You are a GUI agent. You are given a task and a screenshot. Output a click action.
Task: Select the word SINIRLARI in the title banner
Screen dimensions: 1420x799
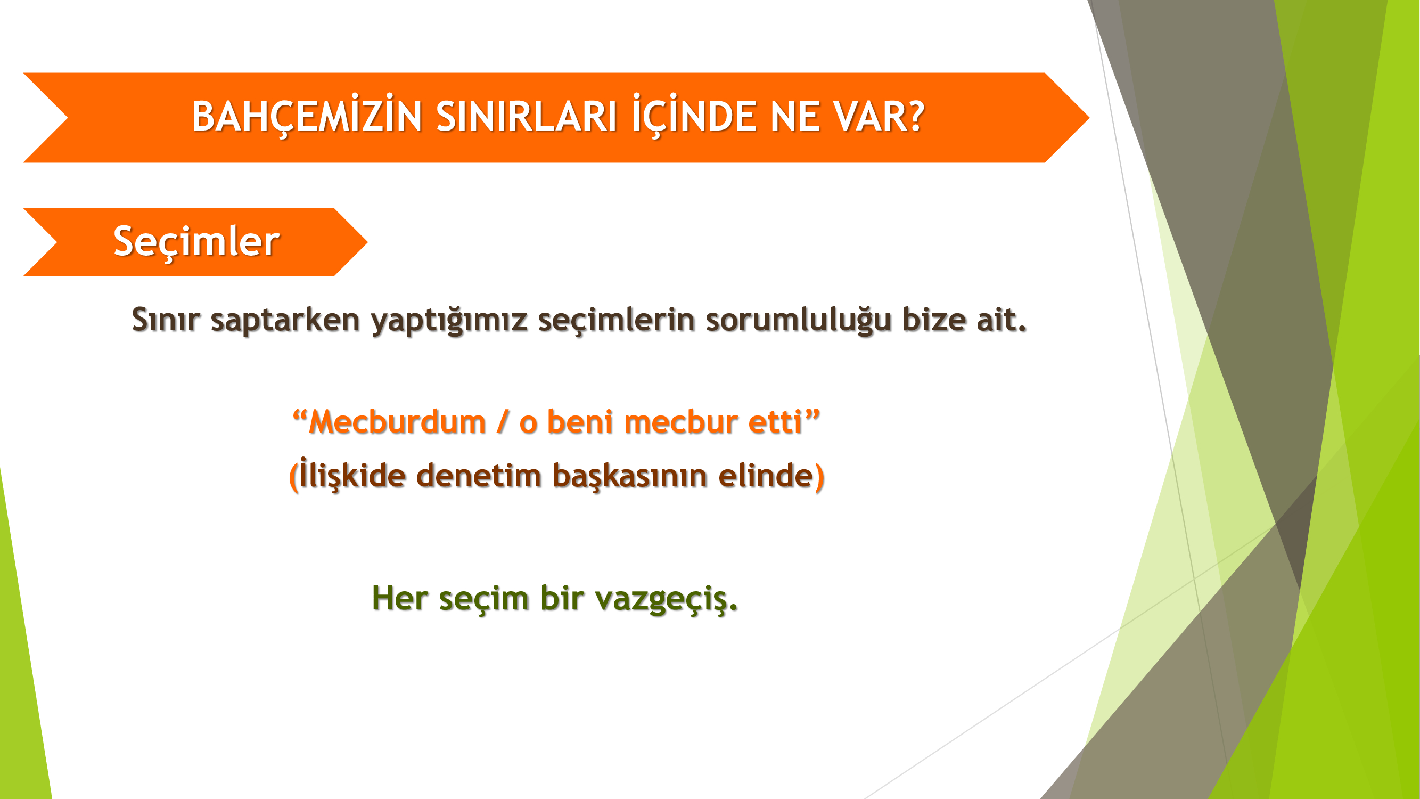527,116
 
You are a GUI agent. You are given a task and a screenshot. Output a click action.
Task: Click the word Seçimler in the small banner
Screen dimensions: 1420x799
197,241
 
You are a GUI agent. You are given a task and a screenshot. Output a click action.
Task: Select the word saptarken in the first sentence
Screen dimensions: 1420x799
285,320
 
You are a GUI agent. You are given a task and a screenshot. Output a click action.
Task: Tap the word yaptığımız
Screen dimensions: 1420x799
449,320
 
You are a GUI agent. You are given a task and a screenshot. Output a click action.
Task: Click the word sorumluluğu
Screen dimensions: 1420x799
798,320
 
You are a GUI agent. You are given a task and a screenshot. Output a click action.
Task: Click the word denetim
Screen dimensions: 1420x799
479,475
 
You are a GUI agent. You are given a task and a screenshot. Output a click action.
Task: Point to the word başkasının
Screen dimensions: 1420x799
629,475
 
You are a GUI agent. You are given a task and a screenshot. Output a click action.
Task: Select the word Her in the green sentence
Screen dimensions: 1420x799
400,598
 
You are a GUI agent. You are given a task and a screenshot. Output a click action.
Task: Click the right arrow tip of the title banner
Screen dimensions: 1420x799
1089,117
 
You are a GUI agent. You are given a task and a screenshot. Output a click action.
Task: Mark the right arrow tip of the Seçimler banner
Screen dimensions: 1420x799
367,241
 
